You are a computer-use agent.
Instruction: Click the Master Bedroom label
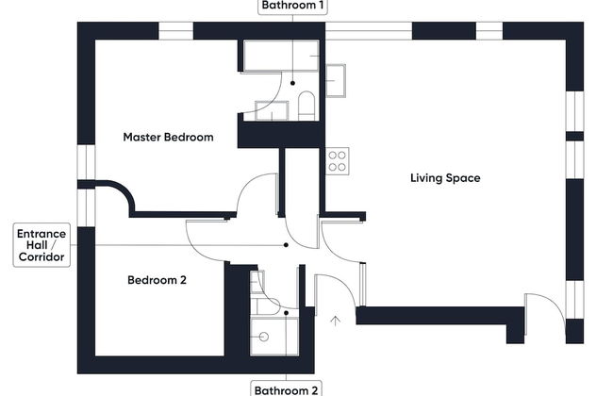(168, 138)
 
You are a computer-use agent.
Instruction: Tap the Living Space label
(445, 178)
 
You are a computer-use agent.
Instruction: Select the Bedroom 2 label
(157, 280)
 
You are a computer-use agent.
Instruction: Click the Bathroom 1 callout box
(292, 6)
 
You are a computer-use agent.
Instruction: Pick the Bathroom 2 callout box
(286, 389)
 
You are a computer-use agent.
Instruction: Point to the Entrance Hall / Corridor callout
(41, 245)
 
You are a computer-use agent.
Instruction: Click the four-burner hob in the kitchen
(337, 161)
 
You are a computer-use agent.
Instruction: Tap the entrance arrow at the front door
(335, 321)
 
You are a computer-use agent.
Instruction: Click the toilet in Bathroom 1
(306, 106)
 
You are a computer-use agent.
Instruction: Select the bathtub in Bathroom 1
(281, 56)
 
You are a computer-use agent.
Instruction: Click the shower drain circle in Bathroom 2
(264, 337)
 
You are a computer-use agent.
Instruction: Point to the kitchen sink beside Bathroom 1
(336, 81)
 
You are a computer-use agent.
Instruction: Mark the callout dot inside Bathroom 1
(292, 83)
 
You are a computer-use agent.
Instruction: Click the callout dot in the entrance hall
(286, 245)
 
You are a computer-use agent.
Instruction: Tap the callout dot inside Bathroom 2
(286, 313)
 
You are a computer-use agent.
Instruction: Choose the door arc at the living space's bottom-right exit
(554, 304)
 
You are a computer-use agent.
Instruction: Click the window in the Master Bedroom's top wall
(176, 31)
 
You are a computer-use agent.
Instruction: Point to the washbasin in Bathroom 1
(272, 110)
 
